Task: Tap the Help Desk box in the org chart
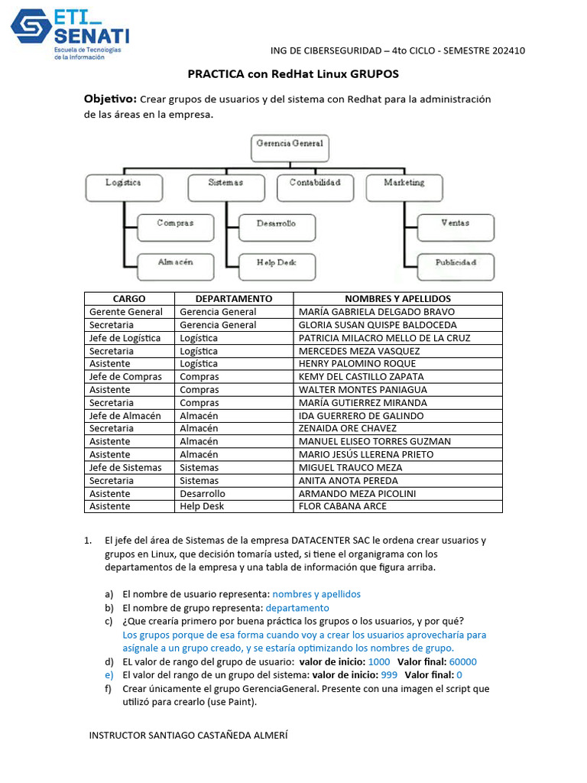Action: (276, 264)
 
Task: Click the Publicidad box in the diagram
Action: (456, 264)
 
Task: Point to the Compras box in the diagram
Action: (175, 225)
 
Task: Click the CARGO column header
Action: (128, 298)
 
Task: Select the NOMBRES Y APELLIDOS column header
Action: (397, 298)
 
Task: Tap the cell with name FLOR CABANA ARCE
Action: (343, 506)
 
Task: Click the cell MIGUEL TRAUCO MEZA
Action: (350, 467)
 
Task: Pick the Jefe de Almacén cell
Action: (125, 415)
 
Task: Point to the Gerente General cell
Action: (126, 311)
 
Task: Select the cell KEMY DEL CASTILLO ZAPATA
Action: (361, 376)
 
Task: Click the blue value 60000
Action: (463, 661)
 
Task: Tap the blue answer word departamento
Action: (297, 608)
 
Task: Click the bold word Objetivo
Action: (110, 99)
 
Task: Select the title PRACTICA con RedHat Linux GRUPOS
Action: (293, 74)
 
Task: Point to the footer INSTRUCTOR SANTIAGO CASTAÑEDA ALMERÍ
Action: (189, 735)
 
